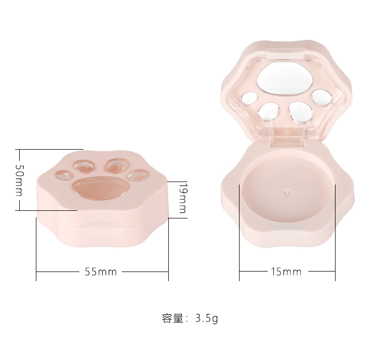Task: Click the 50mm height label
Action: [x=19, y=181]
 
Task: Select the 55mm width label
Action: [x=101, y=272]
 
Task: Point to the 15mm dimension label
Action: [x=286, y=272]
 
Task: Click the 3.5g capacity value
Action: [x=206, y=319]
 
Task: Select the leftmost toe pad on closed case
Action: [x=64, y=175]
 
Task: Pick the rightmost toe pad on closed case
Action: [x=136, y=175]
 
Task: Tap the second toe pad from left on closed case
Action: [x=83, y=165]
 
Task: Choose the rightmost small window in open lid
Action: [x=320, y=96]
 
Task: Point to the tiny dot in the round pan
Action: [x=287, y=193]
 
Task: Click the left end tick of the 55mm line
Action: [x=36, y=272]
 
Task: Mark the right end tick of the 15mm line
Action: [x=336, y=272]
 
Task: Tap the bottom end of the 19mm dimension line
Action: [x=178, y=218]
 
